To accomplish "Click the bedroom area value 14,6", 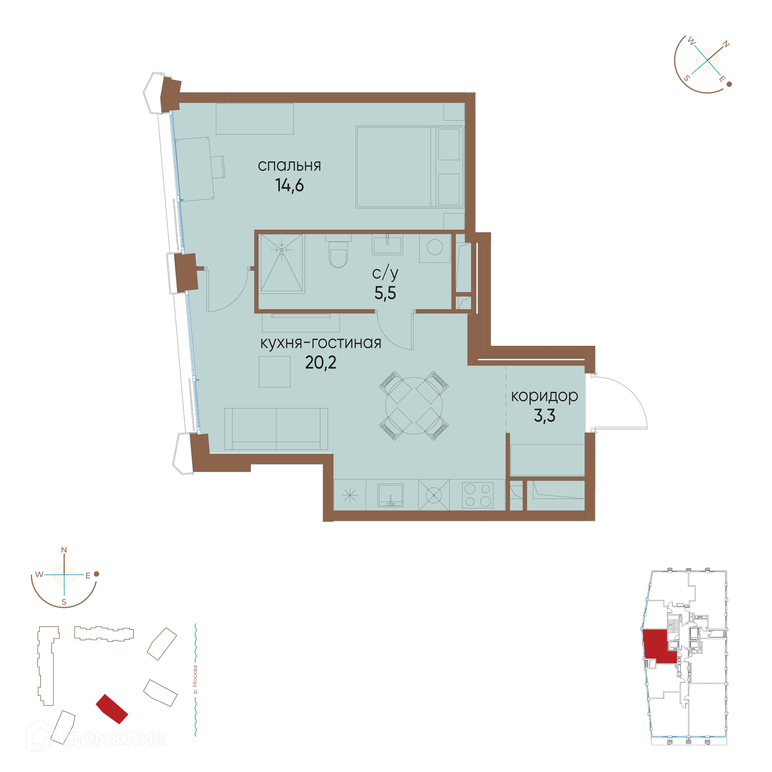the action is [289, 185].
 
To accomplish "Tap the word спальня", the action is [289, 166].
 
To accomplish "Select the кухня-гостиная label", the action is [321, 343].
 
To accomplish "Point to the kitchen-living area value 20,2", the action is [320, 363].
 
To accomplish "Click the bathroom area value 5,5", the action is [385, 293].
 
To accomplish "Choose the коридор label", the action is [544, 396].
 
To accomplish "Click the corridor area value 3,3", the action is [544, 416].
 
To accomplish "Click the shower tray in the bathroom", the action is [281, 263].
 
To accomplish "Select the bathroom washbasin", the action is [387, 244].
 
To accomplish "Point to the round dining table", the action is [414, 406].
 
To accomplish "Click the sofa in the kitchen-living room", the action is [276, 429].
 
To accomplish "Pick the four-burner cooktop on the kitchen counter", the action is [478, 495].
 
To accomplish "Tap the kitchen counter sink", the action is [390, 495].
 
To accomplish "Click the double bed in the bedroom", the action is [410, 167].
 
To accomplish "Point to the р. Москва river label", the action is [195, 680].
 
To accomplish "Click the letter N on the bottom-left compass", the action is [64, 550].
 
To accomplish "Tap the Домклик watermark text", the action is [115, 738].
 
